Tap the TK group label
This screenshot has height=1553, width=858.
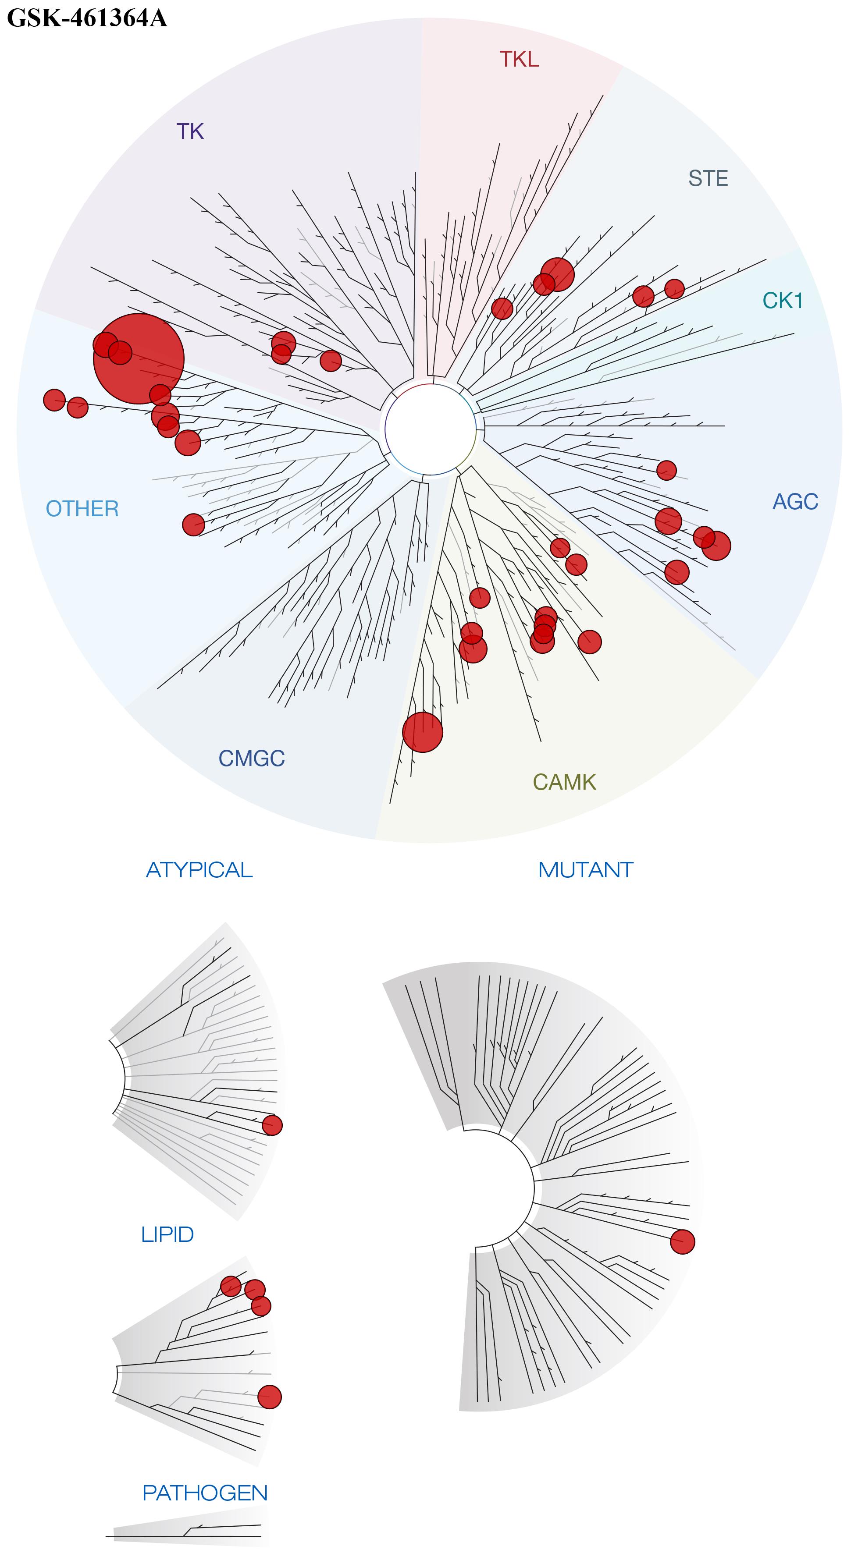coord(190,131)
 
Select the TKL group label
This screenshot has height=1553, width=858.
coord(519,59)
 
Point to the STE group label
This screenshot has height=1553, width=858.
coord(708,178)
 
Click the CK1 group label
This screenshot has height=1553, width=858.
coord(783,300)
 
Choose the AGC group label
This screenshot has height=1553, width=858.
coord(795,502)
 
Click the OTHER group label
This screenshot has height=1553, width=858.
coord(82,509)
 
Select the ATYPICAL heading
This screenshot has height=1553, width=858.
coord(199,870)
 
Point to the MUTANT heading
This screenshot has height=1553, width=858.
coord(585,870)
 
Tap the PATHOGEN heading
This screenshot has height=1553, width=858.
coord(205,1493)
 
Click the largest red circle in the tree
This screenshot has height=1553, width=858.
coord(139,359)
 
